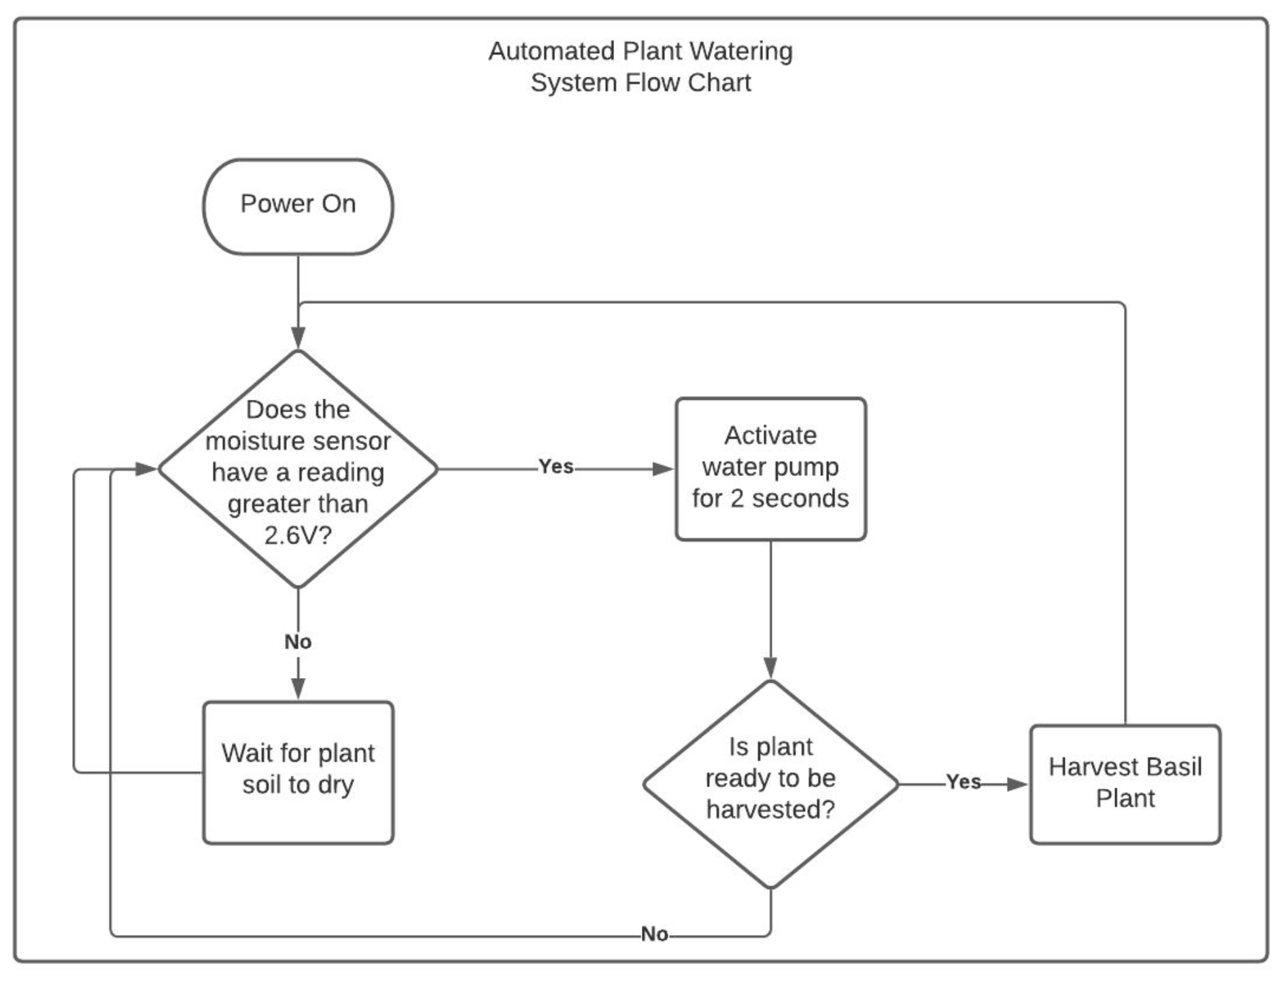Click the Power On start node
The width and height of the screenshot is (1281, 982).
[298, 206]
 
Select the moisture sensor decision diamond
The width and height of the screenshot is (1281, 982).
[298, 469]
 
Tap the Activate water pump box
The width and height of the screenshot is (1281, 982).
[770, 469]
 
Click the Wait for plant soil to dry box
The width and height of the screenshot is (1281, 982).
[298, 772]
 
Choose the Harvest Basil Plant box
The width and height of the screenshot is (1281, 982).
[1125, 783]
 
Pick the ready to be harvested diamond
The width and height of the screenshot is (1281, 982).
[770, 783]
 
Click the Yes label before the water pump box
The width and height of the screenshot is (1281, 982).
[556, 467]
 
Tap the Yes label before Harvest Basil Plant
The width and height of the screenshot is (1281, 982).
[963, 782]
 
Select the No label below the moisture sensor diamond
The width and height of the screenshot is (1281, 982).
[298, 641]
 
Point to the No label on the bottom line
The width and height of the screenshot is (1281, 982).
[654, 934]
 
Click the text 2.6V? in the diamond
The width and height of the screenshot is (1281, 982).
[298, 536]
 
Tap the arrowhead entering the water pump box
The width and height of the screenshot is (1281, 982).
[662, 469]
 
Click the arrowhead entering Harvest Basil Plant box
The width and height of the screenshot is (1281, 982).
[1017, 784]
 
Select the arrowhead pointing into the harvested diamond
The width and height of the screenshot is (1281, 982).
[770, 667]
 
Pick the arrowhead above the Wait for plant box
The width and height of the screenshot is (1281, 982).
[298, 688]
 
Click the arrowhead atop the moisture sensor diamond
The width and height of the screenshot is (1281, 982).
[298, 337]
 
